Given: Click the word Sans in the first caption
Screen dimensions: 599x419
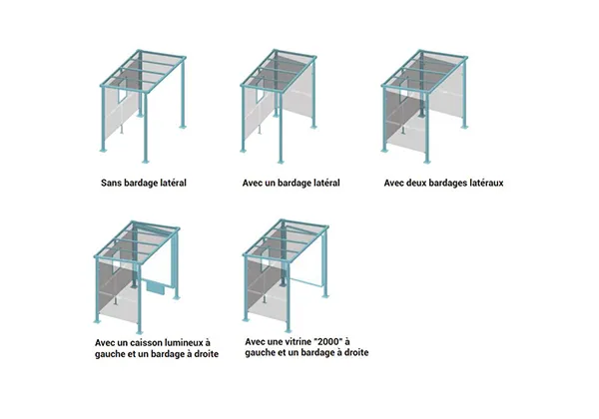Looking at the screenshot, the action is click(111, 183).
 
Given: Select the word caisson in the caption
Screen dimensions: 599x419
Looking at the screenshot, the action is click(145, 342).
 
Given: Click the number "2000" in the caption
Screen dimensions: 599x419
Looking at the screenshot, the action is click(327, 341).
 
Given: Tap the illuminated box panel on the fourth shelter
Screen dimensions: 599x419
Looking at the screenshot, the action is click(155, 287).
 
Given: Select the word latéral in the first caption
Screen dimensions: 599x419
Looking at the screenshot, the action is click(172, 183).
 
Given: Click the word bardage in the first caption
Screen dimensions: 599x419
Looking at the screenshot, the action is click(140, 184).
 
